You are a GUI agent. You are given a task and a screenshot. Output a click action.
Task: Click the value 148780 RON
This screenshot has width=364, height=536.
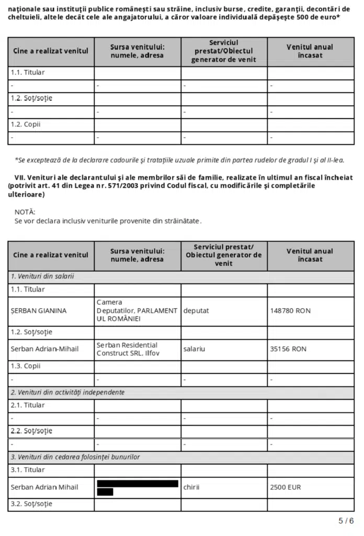click(290, 311)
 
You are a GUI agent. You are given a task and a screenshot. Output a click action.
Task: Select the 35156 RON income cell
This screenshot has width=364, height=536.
click(288, 349)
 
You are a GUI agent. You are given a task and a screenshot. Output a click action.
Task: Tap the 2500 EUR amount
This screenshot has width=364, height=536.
click(286, 487)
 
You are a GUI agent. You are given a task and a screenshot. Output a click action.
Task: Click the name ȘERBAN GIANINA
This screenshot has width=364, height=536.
click(39, 311)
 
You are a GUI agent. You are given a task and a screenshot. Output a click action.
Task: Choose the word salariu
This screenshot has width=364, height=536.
click(194, 349)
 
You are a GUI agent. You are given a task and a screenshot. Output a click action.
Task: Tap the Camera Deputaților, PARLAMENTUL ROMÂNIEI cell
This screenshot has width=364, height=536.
click(136, 311)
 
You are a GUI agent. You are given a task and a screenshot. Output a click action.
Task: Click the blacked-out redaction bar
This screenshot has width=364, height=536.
click(137, 484)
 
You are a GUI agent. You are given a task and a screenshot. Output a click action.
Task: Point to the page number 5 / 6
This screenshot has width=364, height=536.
click(346, 521)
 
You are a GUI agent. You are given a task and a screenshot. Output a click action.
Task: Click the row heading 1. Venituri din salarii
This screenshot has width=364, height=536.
click(42, 276)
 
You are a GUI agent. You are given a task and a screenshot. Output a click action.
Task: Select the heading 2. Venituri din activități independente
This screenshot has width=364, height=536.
click(67, 392)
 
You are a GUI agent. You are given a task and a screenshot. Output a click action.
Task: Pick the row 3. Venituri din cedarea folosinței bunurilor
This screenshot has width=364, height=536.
click(75, 457)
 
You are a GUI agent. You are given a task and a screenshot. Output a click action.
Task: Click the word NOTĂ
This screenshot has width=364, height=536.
click(25, 212)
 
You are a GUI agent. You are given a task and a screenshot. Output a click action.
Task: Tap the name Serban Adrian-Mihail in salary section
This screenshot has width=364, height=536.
click(44, 349)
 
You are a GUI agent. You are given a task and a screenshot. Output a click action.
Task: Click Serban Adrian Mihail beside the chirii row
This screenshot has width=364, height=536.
click(44, 487)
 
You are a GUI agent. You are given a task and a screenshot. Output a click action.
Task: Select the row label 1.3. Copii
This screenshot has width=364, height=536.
click(26, 366)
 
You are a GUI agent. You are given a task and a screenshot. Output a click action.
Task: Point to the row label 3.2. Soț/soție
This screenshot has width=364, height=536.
click(31, 504)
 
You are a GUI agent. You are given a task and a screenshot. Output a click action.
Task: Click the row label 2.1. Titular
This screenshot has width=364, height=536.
click(28, 405)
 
